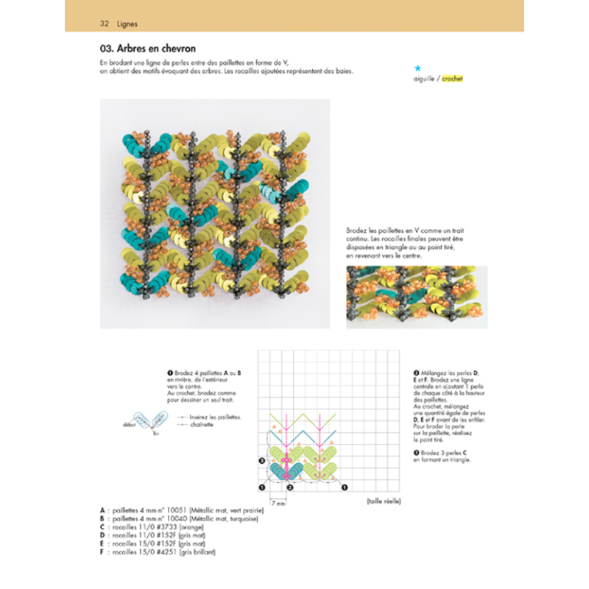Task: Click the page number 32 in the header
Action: [x=105, y=24]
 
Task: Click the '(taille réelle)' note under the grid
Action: [x=382, y=501]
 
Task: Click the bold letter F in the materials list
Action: [x=101, y=552]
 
